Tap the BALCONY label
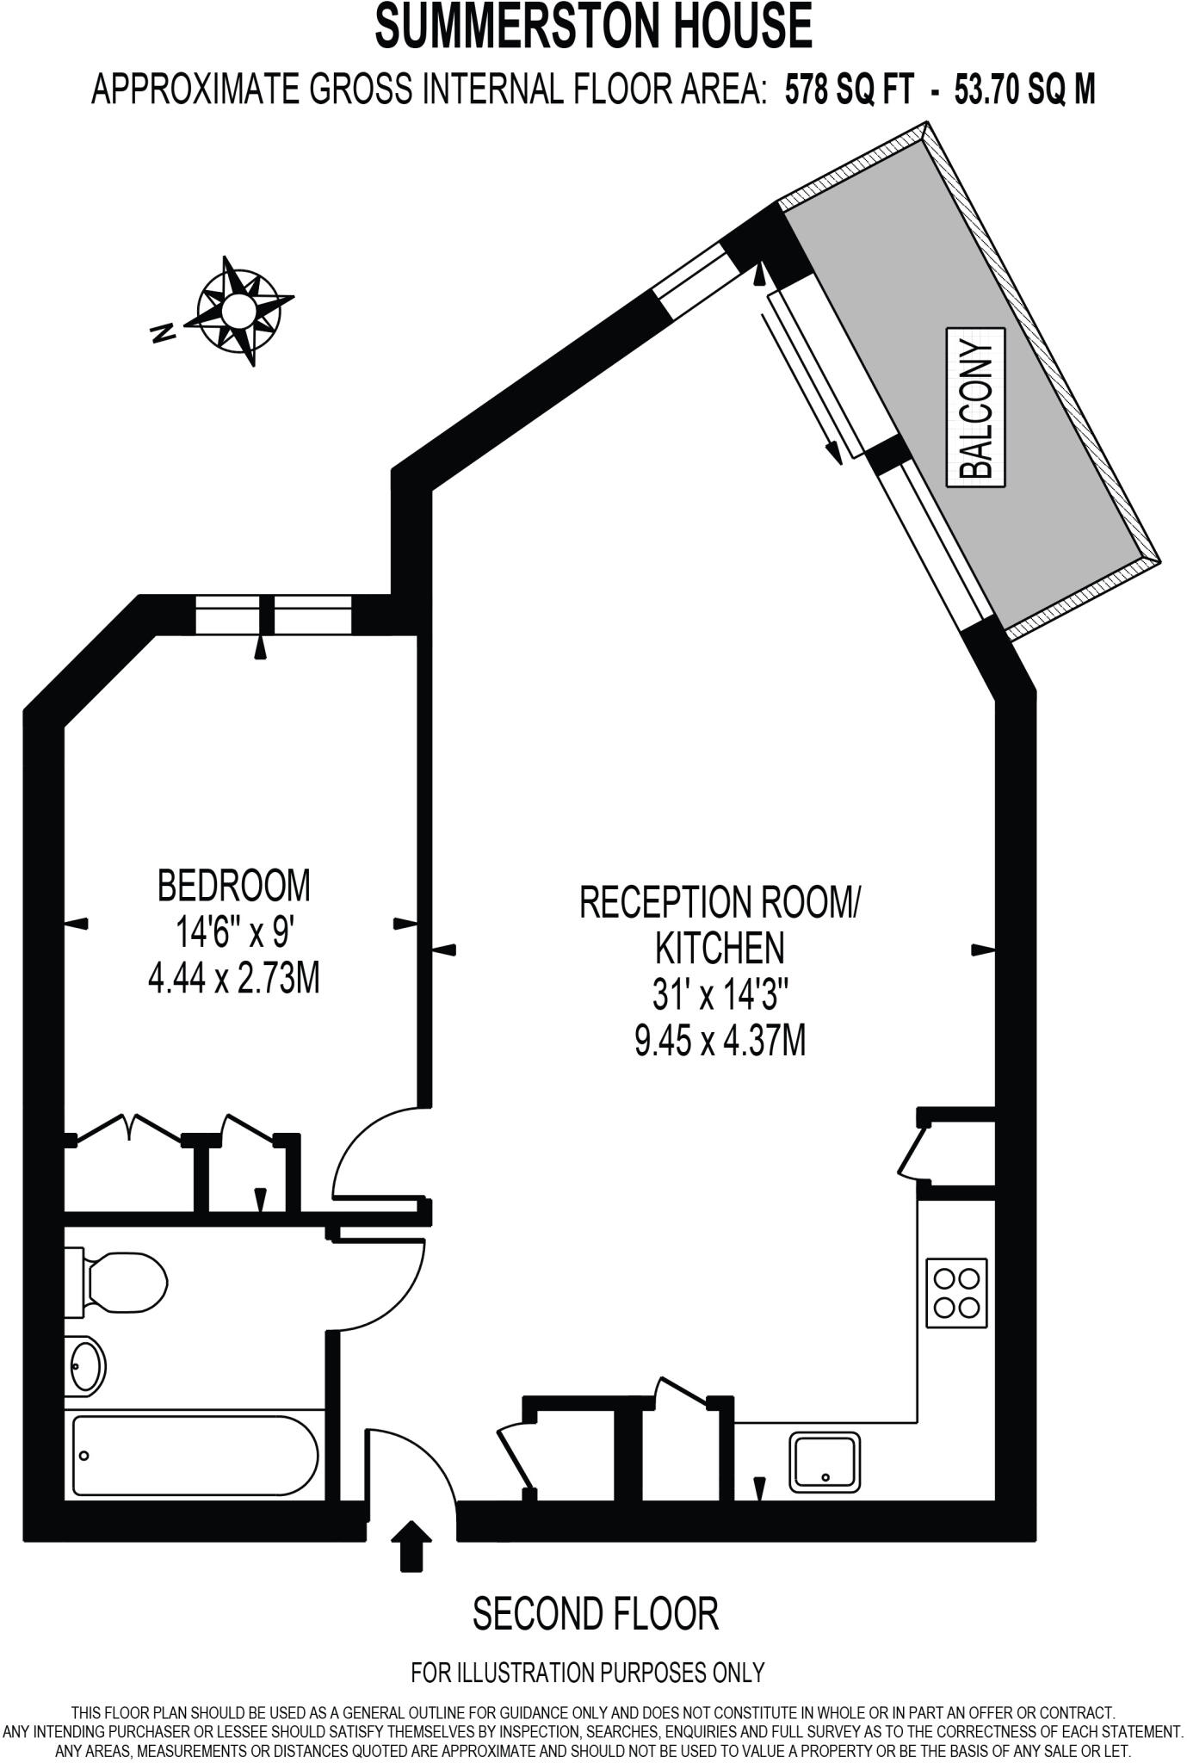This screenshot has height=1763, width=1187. [976, 407]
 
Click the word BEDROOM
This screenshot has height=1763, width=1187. [233, 885]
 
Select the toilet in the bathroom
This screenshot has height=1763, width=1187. [121, 1284]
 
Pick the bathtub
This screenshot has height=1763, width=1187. [195, 1455]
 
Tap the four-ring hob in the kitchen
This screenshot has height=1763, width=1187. [956, 1292]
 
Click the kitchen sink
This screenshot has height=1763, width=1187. [825, 1462]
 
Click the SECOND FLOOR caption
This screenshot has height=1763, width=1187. [595, 1614]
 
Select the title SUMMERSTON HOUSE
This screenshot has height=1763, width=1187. [593, 26]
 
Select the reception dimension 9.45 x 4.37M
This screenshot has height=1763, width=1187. [720, 1042]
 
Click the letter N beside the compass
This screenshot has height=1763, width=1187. [162, 333]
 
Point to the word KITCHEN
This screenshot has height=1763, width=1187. [720, 948]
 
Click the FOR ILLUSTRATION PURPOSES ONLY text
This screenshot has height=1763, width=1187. [587, 1673]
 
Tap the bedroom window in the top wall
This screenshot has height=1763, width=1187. [273, 615]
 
